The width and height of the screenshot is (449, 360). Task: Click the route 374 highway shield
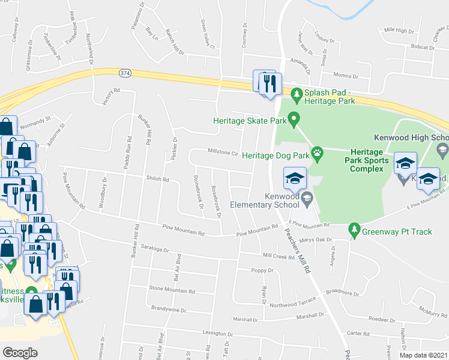(x=124, y=73)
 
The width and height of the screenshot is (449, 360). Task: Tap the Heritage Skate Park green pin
(x=294, y=120)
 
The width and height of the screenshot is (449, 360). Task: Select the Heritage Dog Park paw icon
(x=318, y=155)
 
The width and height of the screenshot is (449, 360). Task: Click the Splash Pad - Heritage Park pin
(x=296, y=94)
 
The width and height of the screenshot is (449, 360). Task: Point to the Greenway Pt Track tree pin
(x=354, y=229)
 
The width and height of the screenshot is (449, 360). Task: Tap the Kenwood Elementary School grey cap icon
(x=307, y=198)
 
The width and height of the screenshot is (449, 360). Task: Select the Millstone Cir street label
(x=223, y=152)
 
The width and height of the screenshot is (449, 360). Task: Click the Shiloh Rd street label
(x=158, y=179)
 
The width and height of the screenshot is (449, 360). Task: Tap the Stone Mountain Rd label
(x=172, y=290)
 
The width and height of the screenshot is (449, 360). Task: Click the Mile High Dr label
(x=399, y=29)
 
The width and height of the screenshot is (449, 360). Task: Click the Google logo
(x=20, y=352)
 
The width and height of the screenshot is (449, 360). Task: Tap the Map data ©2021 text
(x=423, y=355)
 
